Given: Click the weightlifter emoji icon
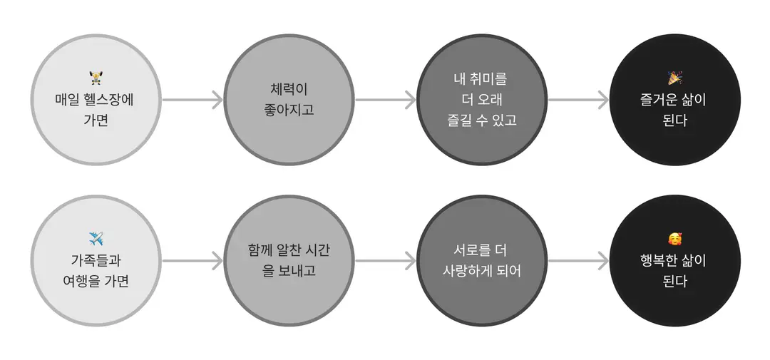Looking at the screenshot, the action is tap(96, 78).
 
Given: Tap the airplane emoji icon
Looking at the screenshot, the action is tap(96, 240).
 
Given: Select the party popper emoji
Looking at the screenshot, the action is tap(674, 78).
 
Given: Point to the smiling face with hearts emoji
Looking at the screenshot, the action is tap(674, 240).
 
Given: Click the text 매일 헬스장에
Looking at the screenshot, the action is tap(96, 99).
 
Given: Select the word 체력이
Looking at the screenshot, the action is tap(289, 89).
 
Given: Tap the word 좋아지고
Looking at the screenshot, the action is tap(289, 110).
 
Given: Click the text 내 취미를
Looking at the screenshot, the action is tap(482, 78).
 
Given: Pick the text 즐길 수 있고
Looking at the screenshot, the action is tap(482, 120).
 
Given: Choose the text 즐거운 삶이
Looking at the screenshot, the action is tap(674, 100).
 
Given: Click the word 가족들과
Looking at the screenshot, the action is tap(96, 260).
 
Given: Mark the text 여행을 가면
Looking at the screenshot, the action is tap(96, 281).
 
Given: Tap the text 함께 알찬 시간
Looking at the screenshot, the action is tap(289, 250).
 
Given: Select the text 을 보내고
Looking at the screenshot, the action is tap(289, 271).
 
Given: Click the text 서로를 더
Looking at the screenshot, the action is tap(482, 250).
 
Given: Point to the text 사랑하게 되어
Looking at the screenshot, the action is tap(482, 271).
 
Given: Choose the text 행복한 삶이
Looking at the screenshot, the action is tap(674, 260).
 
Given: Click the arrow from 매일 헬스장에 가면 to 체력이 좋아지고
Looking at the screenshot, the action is tap(192, 100).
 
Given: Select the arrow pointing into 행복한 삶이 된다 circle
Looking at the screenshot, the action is tap(578, 261).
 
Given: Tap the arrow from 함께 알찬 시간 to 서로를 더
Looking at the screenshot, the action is tap(386, 261).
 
